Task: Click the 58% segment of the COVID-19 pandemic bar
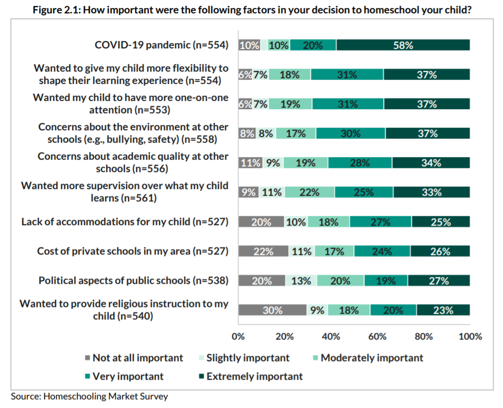coord(403,45)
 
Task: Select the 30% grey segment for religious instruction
coord(272,310)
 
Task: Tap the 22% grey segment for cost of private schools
coord(263,251)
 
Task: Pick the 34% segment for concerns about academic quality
coord(430,163)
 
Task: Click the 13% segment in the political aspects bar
coord(301,281)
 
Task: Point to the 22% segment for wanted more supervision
coord(309,192)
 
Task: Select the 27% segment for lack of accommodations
coord(380,222)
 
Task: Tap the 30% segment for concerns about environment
coord(350,133)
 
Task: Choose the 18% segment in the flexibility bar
coord(289,75)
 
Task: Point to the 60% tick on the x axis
coord(377,336)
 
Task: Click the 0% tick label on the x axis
coord(238,336)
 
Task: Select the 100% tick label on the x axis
coord(470,336)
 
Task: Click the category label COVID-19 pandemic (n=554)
coord(161,45)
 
